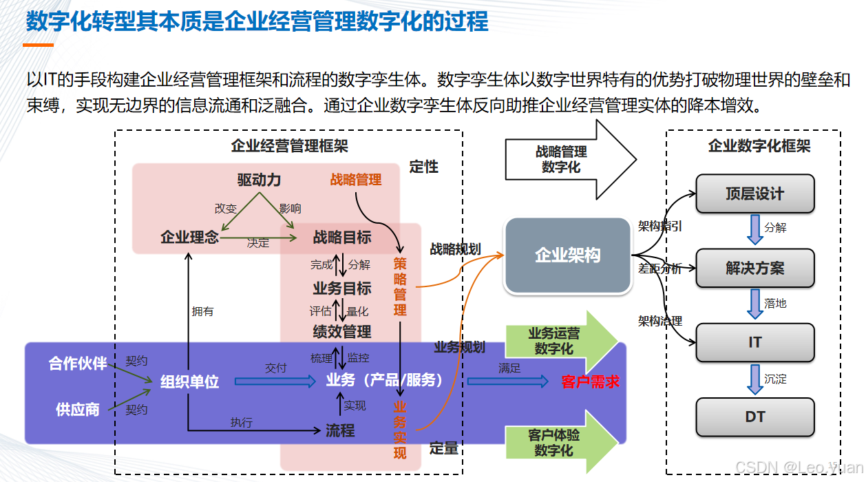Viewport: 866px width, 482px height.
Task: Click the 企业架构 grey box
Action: tap(568, 255)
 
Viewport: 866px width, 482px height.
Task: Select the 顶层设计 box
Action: tap(754, 193)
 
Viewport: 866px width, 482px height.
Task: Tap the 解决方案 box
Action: tap(754, 269)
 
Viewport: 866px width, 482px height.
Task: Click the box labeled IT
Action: tap(754, 342)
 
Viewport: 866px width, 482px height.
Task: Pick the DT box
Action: tap(754, 417)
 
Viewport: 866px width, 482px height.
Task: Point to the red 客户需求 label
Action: tap(590, 381)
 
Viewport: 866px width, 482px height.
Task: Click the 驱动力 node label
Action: tap(259, 180)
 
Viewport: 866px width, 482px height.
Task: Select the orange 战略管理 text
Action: tap(355, 180)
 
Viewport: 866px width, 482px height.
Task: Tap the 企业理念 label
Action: tap(189, 238)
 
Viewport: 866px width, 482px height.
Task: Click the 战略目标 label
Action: tap(341, 238)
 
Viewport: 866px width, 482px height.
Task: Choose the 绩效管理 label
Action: tap(341, 332)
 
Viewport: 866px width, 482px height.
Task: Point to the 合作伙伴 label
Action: tap(78, 364)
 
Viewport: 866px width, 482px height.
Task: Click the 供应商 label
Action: tap(78, 410)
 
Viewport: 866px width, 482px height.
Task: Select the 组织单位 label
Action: tap(189, 381)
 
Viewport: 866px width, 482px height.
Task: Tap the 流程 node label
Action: tap(340, 431)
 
